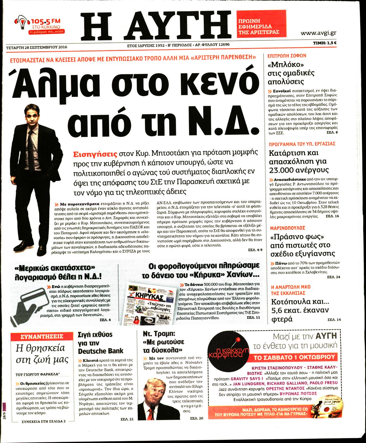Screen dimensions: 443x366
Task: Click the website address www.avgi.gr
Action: click(318, 33)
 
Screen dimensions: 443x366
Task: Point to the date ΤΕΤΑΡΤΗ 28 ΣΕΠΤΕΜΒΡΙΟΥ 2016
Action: click(37, 47)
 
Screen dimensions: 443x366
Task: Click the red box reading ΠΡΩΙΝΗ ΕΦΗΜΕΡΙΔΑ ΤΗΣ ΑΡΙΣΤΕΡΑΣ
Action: click(261, 26)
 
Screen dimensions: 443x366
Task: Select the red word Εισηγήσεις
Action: click(95, 154)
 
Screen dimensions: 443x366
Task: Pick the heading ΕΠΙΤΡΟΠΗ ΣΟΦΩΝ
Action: click(286, 56)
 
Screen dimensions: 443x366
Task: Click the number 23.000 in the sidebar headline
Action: click(284, 170)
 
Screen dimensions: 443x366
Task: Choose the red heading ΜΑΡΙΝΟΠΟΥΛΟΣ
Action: click(287, 228)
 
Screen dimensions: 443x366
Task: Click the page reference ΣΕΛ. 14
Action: click(334, 319)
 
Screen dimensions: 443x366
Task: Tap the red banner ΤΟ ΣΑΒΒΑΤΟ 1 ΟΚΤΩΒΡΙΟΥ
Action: click(294, 357)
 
